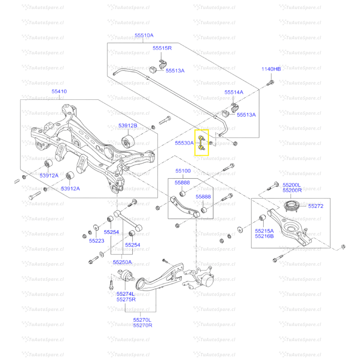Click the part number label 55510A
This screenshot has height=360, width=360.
pos(144,35)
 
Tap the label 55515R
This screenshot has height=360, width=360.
pos(162,48)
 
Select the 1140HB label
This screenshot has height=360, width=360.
pos(271,69)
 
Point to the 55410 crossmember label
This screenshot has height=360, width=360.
pos(59,91)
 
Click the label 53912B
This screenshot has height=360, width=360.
pos(128,126)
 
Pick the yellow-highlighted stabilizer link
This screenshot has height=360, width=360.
pos(201,143)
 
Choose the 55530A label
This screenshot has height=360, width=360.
pos(184,143)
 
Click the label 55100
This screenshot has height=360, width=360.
pos(183,171)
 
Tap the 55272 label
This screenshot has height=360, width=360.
pos(315,206)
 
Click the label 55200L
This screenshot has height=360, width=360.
pos(292,185)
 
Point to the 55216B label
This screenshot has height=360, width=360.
pos(264,236)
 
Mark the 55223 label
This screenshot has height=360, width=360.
pos(96,241)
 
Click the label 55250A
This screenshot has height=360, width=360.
pos(122,262)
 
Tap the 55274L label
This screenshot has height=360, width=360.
pos(126,294)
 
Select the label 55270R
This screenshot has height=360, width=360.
pos(143,325)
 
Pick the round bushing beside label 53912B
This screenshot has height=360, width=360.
pos(128,141)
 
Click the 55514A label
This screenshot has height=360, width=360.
pos(234,92)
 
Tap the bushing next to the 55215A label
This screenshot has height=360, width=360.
pos(263,218)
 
